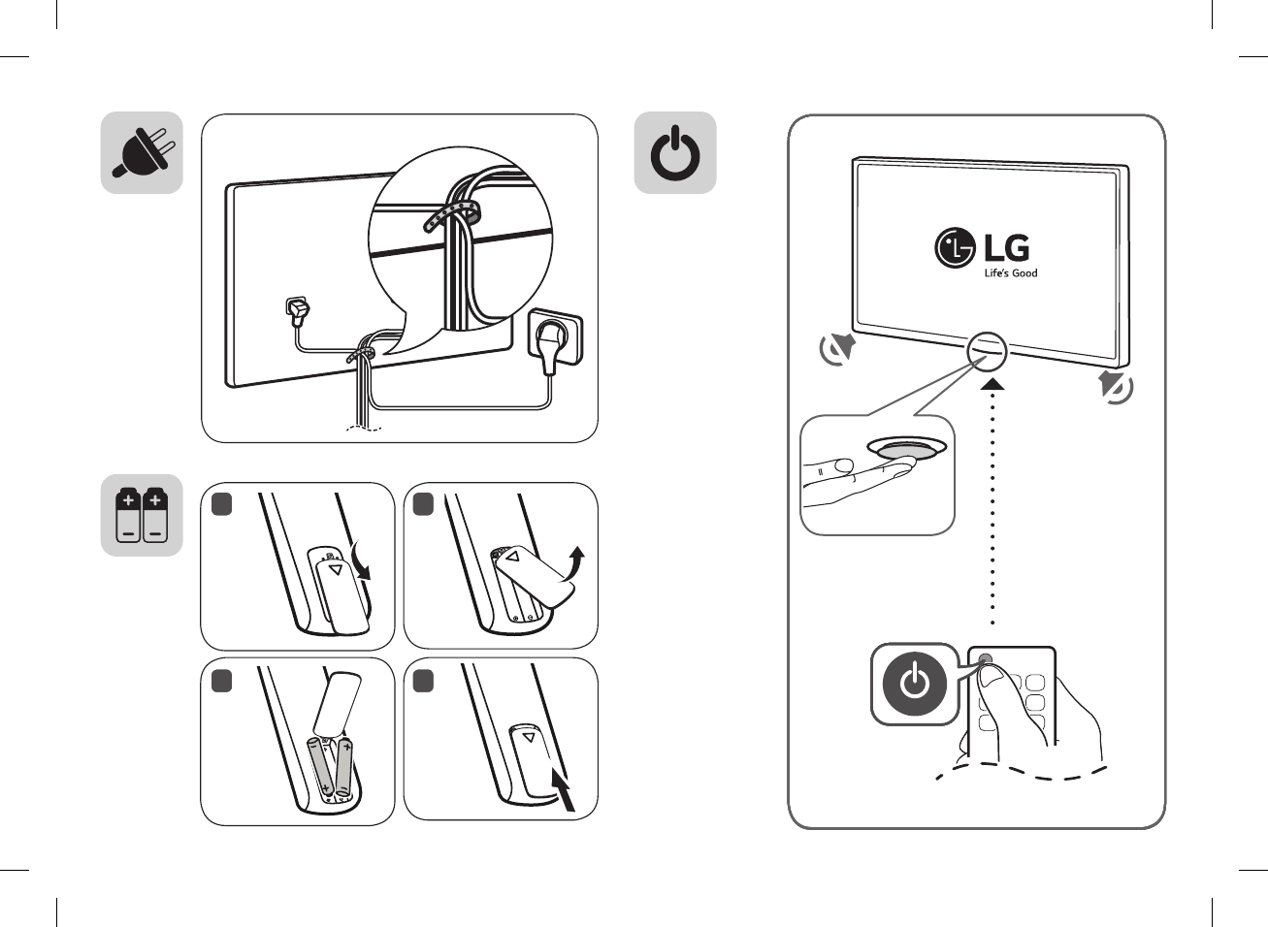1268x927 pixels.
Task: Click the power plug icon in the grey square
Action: [142, 153]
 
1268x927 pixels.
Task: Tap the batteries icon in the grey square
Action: [142, 515]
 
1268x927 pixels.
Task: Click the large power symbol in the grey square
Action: [675, 153]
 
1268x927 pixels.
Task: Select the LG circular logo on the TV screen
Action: [955, 247]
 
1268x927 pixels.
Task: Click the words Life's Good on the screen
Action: [1010, 273]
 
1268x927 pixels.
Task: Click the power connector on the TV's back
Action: [297, 311]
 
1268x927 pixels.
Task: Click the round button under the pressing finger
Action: [906, 449]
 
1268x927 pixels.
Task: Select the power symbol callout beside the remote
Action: [915, 684]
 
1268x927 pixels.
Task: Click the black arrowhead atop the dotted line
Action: [992, 386]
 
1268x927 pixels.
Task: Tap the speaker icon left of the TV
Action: [837, 349]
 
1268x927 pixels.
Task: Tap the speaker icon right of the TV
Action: [1116, 386]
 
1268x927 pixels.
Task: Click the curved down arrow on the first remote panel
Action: [363, 562]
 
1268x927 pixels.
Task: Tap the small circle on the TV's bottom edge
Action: [987, 351]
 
